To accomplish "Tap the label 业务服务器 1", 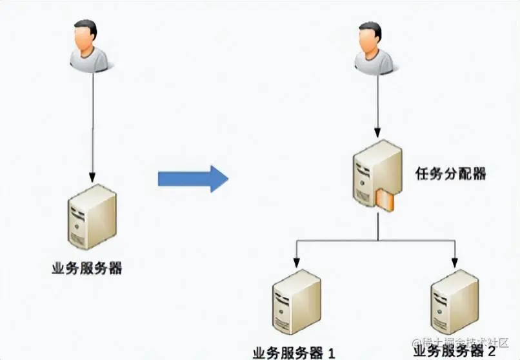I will click(294, 353).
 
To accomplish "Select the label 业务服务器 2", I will click(455, 351).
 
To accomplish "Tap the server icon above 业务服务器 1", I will click(296, 303).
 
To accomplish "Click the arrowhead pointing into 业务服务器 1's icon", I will click(296, 263).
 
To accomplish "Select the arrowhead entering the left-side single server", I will click(92, 177).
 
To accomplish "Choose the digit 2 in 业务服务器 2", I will click(492, 351).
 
